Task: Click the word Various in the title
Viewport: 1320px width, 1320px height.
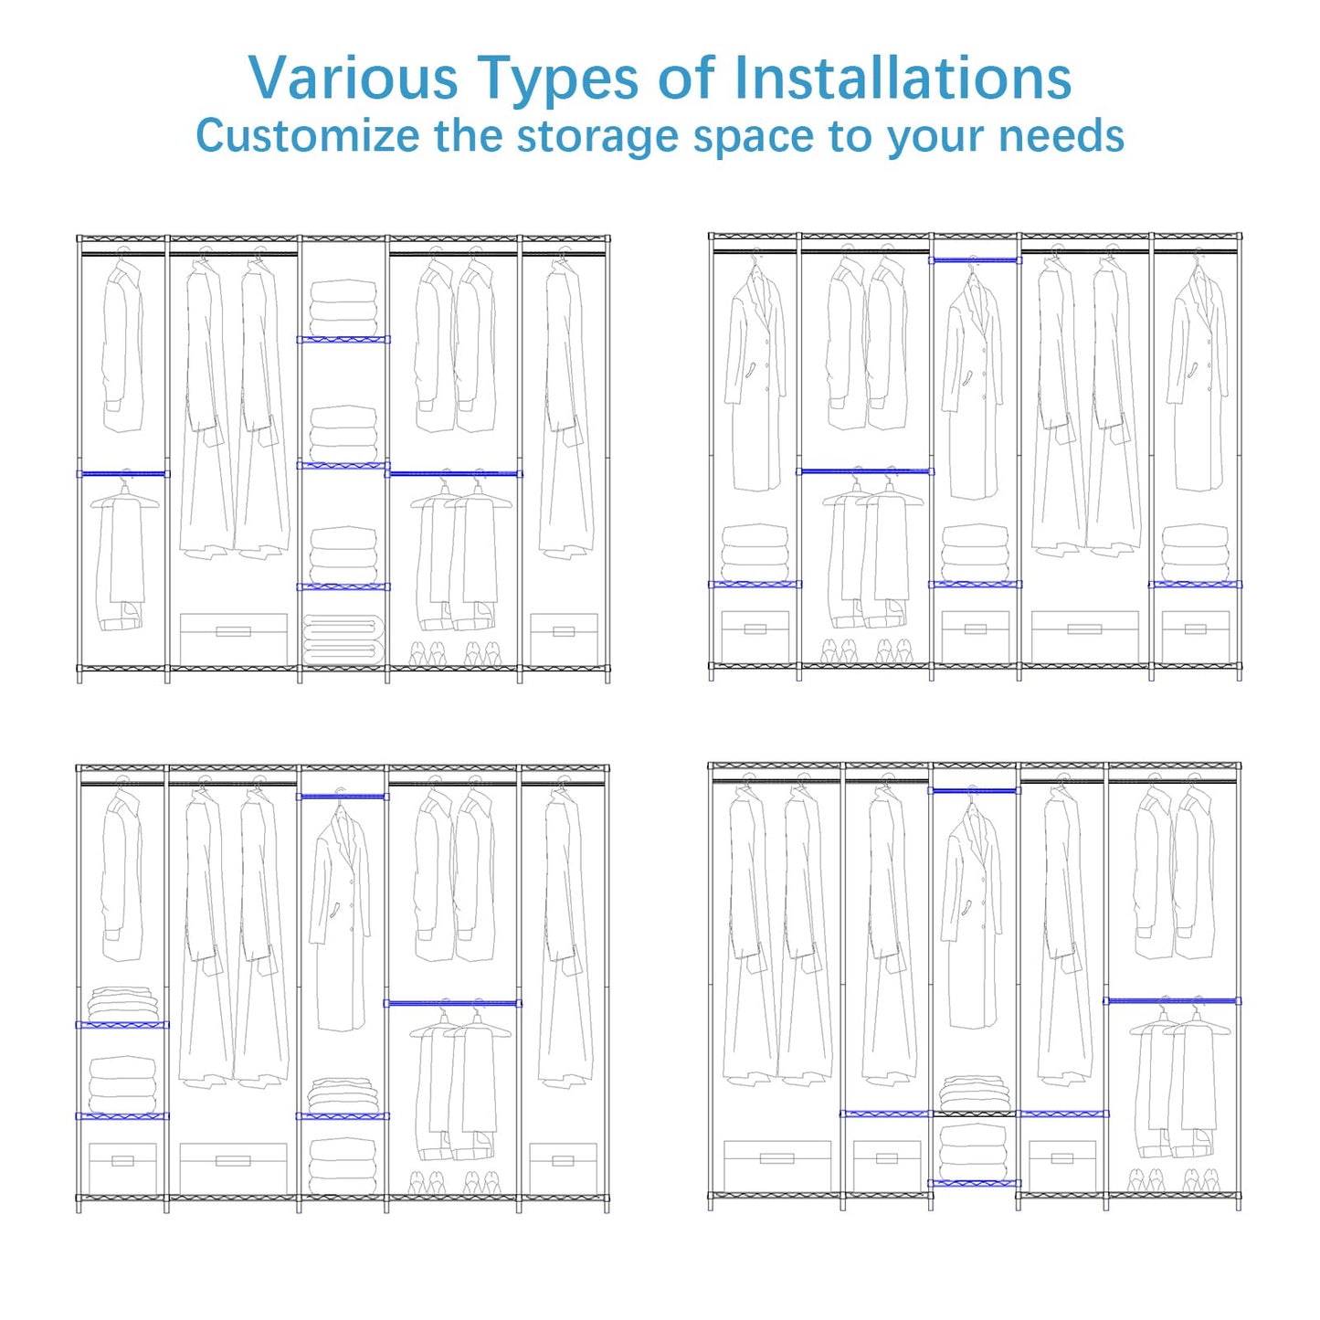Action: click(x=353, y=78)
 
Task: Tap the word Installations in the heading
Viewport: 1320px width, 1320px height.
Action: click(x=903, y=78)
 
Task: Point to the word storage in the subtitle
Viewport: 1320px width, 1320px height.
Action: click(x=598, y=137)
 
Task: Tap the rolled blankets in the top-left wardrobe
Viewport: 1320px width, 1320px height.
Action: click(x=343, y=639)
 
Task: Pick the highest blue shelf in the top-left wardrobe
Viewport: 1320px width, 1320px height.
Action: click(x=343, y=340)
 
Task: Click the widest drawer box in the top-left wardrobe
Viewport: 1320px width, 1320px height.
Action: click(x=234, y=639)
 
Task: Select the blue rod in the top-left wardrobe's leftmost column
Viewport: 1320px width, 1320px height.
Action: click(x=122, y=473)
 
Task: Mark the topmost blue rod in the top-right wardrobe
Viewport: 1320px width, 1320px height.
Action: click(x=975, y=260)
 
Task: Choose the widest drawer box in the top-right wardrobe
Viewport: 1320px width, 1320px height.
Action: click(x=1084, y=637)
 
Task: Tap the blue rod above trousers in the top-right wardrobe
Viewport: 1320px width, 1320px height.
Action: click(x=864, y=471)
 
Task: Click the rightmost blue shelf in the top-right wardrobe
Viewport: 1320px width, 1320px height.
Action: click(x=1195, y=585)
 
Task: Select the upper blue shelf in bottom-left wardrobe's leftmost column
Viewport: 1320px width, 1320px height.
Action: click(x=122, y=1025)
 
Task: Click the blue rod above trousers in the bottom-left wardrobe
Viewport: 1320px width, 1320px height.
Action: click(x=453, y=1003)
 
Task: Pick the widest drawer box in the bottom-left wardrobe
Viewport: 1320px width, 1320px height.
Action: click(x=234, y=1168)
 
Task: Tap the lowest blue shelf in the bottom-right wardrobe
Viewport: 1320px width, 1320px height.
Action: click(x=974, y=1183)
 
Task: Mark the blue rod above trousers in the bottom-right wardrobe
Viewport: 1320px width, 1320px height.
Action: click(x=1172, y=1001)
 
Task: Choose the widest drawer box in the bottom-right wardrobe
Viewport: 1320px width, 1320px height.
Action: click(x=777, y=1166)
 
